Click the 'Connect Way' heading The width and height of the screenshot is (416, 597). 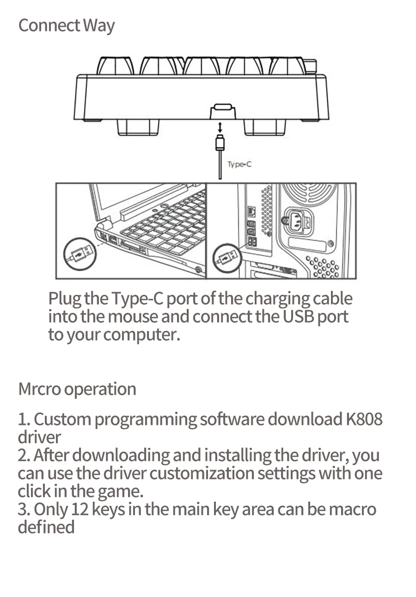coord(66,26)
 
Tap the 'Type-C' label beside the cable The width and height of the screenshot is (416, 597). coord(239,164)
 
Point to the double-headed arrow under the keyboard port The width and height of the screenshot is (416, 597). coord(220,126)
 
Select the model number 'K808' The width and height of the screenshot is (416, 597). coord(364,419)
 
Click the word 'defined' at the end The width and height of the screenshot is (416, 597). coord(46,527)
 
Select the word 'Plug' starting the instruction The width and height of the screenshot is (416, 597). coord(64,299)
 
